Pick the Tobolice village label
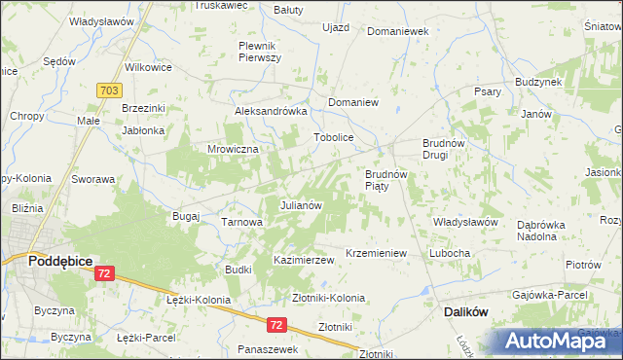(332, 137)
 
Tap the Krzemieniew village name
(375, 253)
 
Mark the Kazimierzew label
(304, 261)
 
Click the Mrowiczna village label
(232, 149)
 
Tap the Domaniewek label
(397, 31)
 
